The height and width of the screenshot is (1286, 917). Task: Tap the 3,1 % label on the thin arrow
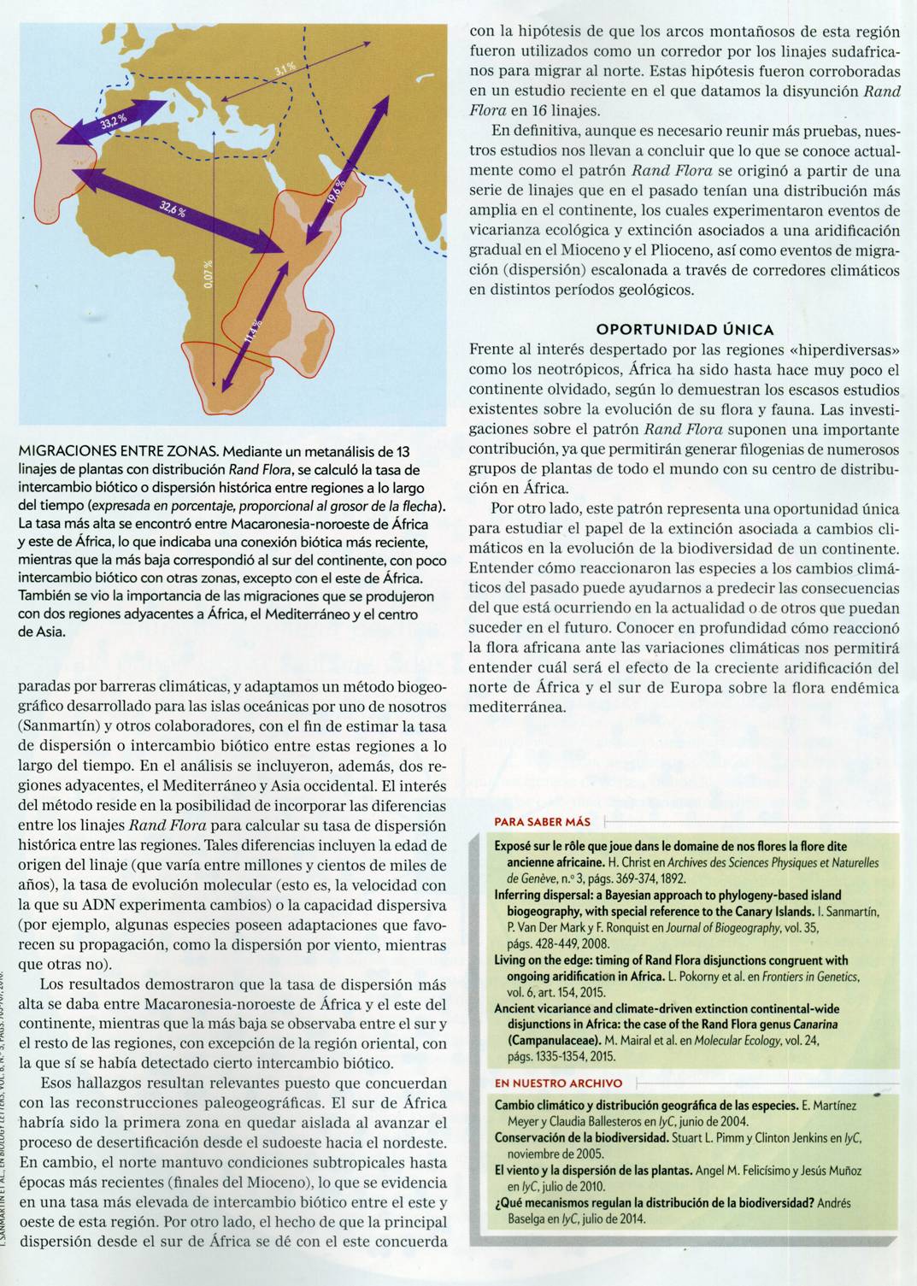[x=285, y=68]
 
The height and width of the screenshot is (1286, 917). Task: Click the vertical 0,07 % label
[x=211, y=274]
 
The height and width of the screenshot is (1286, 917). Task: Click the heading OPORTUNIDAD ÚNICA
[x=685, y=329]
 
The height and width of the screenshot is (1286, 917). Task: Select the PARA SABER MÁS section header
[x=543, y=822]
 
